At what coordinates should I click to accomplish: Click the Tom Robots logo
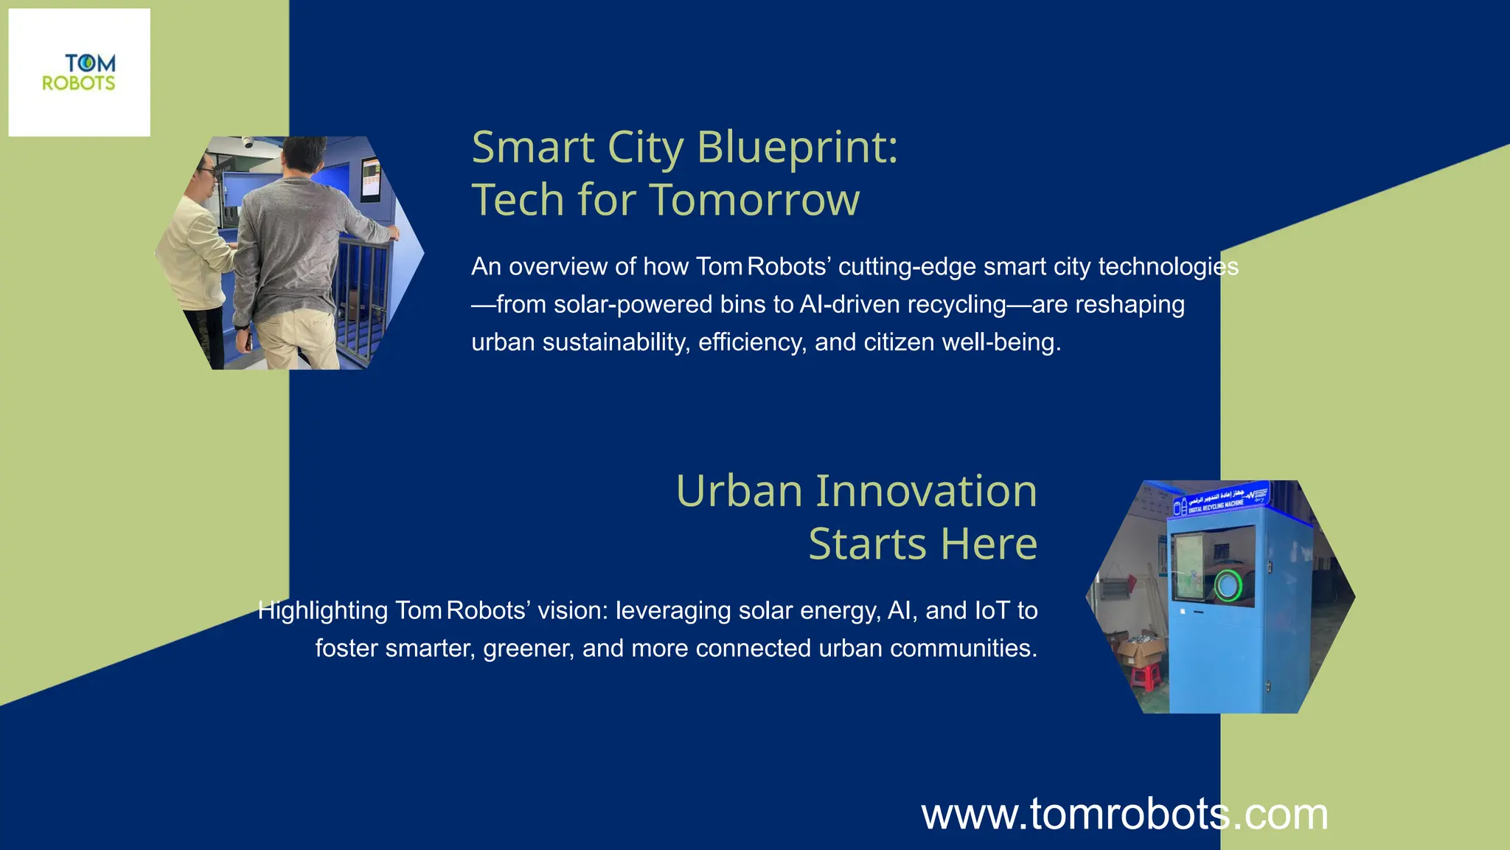pos(79,72)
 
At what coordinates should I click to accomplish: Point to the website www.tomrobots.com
pos(1124,815)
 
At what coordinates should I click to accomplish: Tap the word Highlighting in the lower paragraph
pos(322,611)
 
